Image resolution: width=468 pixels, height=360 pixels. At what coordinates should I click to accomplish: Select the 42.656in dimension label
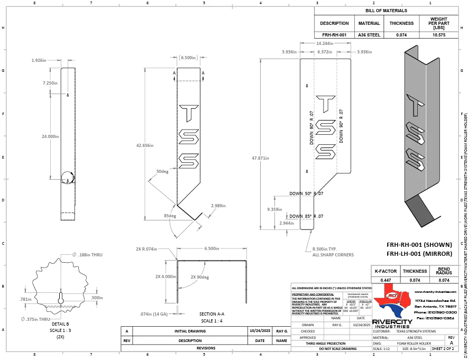tap(144, 145)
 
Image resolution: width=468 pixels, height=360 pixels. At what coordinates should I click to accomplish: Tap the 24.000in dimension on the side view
tap(50, 136)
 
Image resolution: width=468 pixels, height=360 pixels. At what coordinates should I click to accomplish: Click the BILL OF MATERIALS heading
tap(387, 11)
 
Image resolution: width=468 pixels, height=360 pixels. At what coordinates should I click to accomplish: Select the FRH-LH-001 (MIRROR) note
tap(419, 254)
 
